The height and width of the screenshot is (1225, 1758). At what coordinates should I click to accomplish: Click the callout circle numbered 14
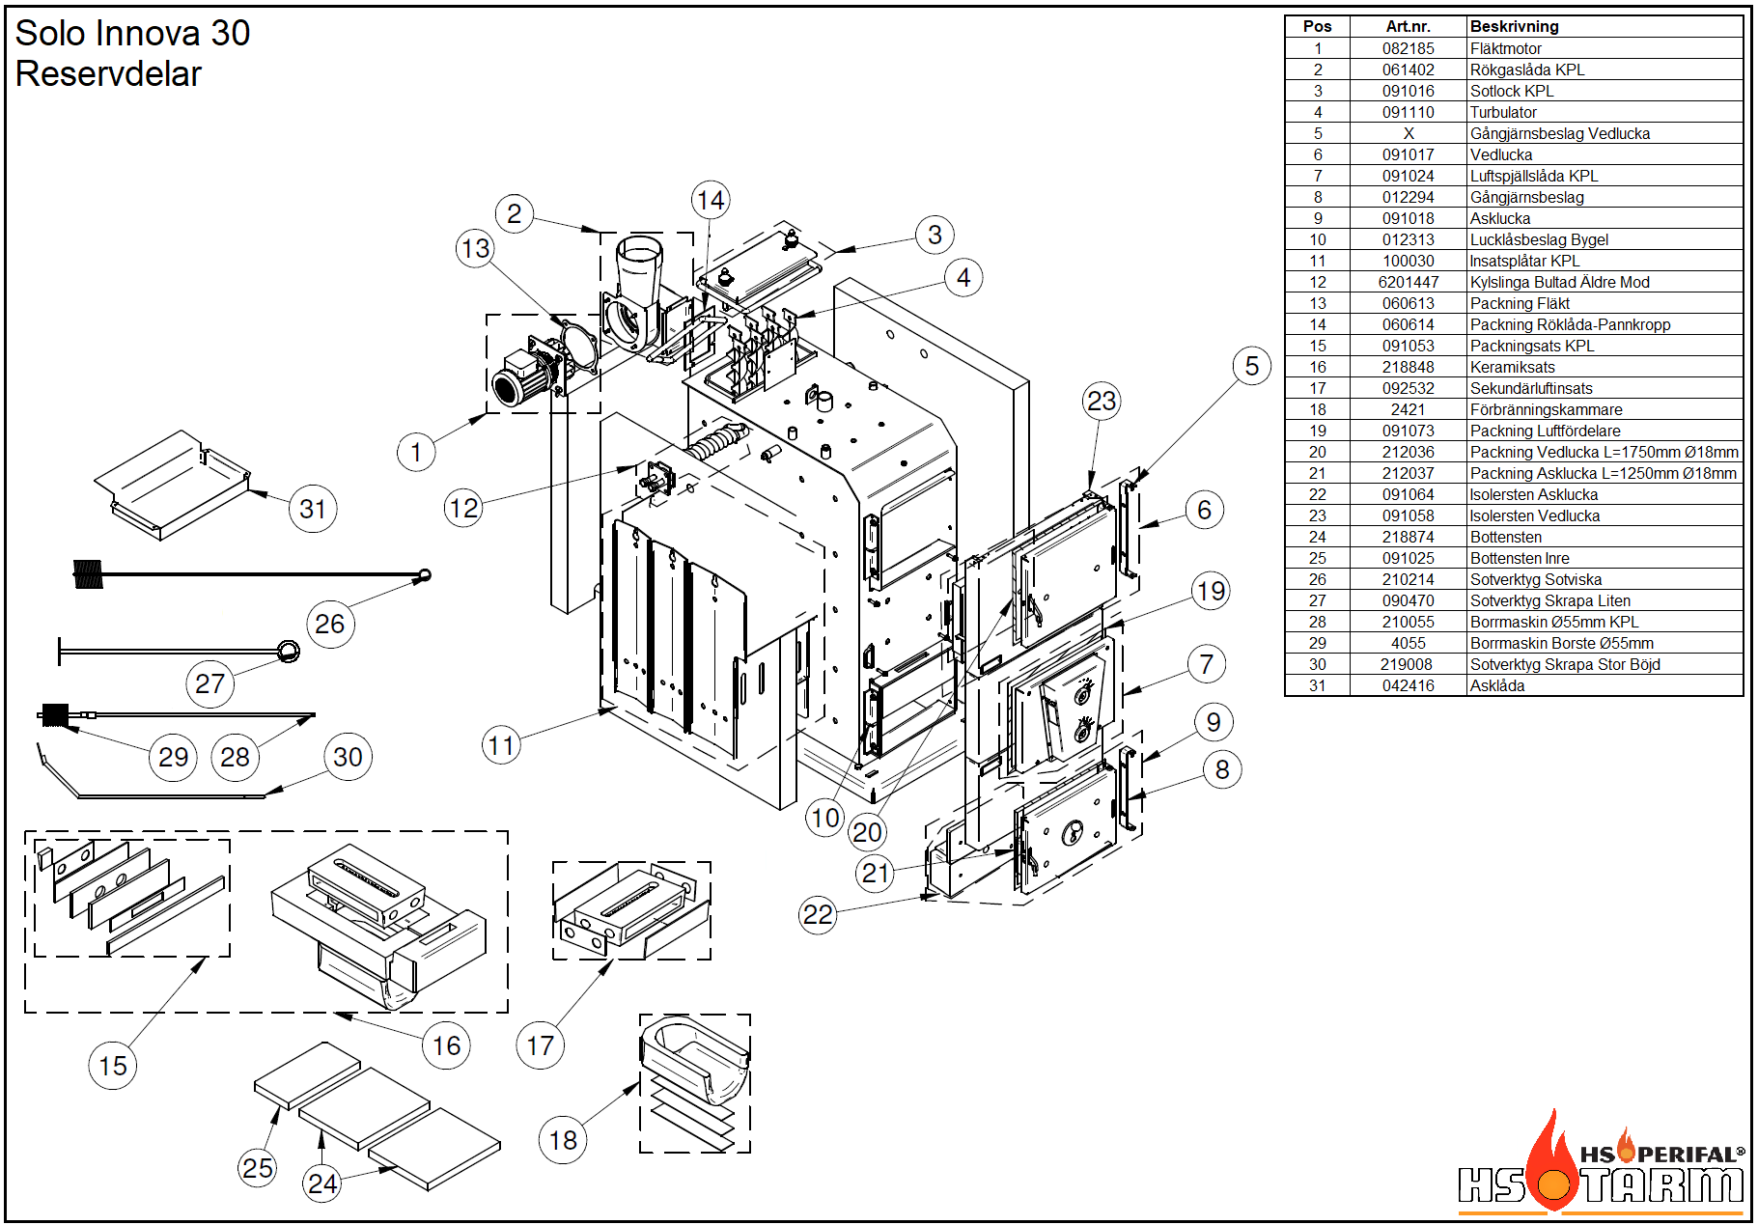click(711, 200)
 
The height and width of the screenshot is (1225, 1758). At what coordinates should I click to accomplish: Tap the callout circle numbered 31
click(313, 509)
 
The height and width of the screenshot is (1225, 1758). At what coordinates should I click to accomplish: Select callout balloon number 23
click(1102, 401)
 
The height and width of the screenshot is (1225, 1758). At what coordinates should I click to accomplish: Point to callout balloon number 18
click(563, 1140)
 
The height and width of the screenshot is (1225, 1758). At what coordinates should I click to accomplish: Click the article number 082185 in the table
click(1408, 48)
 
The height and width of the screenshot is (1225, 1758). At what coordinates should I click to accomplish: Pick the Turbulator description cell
click(1503, 112)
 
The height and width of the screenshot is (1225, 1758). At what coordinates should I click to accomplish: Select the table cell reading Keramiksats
click(1512, 367)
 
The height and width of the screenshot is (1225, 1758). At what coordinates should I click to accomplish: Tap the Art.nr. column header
click(1408, 27)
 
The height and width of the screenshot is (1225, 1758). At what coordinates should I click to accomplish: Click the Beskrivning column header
click(1514, 27)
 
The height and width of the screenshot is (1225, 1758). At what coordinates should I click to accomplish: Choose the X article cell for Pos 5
click(1408, 133)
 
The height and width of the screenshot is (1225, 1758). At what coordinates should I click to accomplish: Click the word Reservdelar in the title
click(108, 74)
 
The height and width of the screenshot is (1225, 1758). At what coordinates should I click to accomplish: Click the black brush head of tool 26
click(88, 574)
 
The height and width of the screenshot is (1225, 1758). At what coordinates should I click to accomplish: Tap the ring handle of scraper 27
click(288, 651)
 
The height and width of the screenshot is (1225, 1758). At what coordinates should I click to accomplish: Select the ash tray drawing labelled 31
click(174, 486)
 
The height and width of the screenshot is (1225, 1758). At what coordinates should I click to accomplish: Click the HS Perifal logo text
click(1660, 1154)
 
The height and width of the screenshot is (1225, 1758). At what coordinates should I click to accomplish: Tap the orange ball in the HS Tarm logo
click(1553, 1185)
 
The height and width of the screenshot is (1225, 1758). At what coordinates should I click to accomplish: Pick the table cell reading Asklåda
click(1497, 685)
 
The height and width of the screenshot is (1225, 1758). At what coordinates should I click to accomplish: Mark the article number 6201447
click(1408, 282)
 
